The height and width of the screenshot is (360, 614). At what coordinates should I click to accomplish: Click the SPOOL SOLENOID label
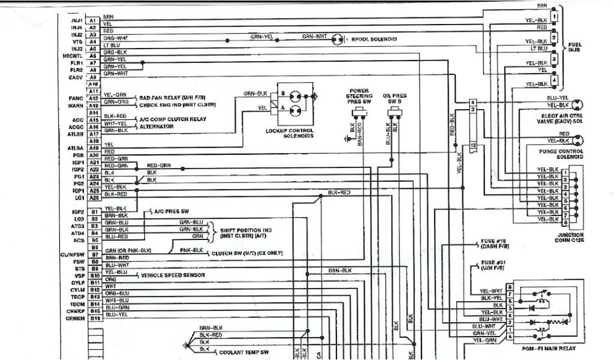pos(374,39)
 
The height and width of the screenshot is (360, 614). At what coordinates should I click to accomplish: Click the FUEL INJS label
pos(574,47)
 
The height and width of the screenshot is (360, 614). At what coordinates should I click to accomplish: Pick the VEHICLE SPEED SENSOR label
pos(173,275)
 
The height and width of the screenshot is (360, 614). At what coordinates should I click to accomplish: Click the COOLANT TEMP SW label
pos(243,352)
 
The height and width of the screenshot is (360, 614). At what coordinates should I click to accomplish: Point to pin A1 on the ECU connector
pos(93,20)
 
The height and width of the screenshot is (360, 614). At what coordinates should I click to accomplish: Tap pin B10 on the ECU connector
pos(94,275)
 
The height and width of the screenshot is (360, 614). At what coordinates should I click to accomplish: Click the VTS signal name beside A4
pos(76,41)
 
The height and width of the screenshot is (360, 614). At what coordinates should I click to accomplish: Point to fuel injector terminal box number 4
pos(554,80)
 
